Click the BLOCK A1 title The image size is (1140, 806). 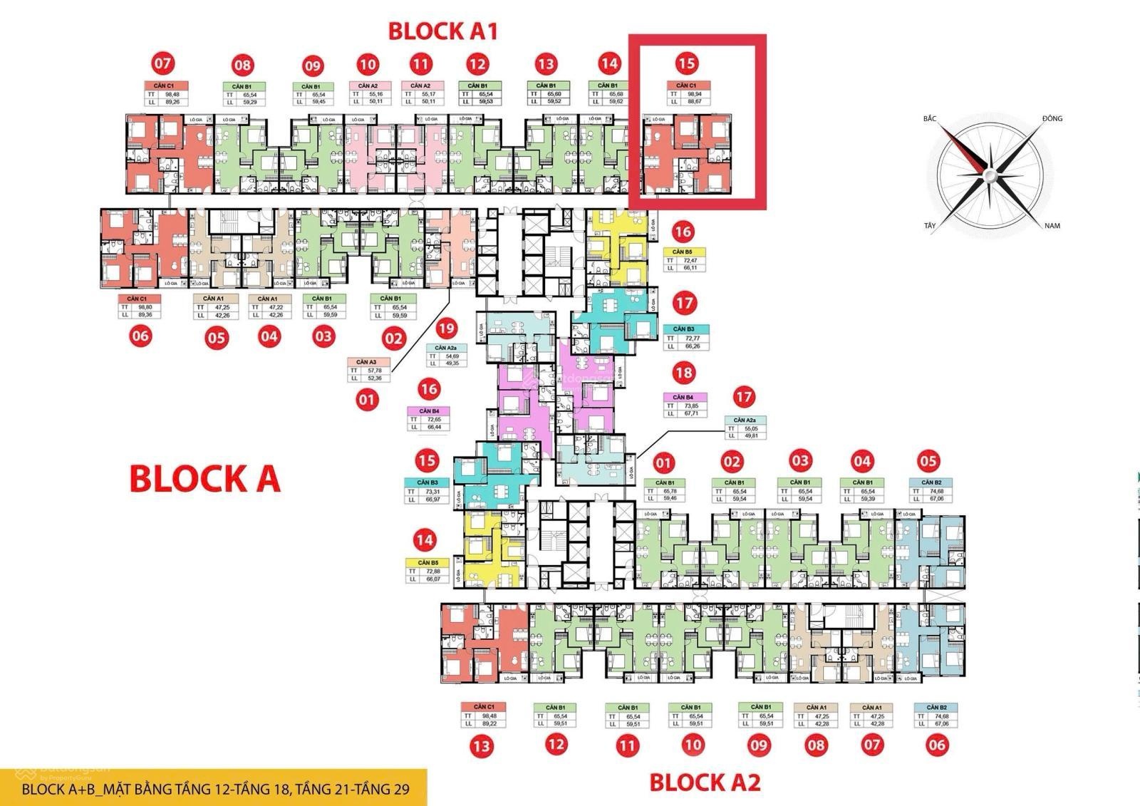click(x=442, y=31)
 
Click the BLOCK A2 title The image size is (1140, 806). click(x=705, y=782)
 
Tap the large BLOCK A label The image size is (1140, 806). click(x=205, y=479)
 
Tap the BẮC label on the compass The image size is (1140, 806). click(x=930, y=118)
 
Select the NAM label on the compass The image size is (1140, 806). click(x=1052, y=226)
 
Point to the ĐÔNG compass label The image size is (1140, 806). click(x=1052, y=118)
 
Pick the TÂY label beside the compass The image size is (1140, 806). click(x=929, y=226)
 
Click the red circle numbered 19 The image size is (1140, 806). click(x=446, y=329)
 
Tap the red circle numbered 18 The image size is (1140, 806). click(x=683, y=373)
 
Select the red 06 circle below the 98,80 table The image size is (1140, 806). click(x=140, y=335)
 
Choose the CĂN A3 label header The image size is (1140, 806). click(x=367, y=362)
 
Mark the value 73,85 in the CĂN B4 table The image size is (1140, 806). click(x=689, y=405)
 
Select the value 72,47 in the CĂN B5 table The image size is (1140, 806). click(x=688, y=261)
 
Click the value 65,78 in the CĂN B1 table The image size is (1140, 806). click(x=670, y=491)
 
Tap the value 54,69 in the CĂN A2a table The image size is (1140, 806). click(x=452, y=356)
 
